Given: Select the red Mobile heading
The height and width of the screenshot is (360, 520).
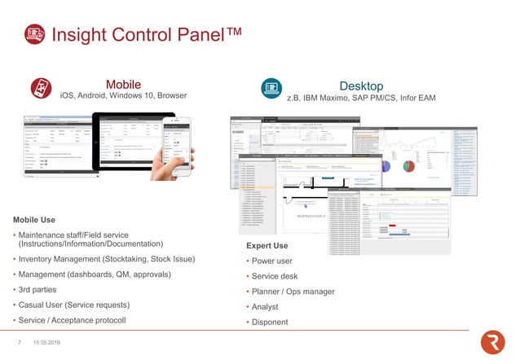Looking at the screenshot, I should coord(123,84).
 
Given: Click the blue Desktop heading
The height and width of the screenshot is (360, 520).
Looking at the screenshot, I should coord(360,86).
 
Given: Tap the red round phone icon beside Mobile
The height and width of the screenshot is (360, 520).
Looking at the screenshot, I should coord(41,89).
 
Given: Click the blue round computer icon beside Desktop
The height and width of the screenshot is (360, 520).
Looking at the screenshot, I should coord(270,89).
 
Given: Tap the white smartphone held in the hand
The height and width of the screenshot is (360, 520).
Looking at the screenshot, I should coord(176,143).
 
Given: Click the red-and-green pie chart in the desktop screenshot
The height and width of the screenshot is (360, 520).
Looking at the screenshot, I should coord(408,165).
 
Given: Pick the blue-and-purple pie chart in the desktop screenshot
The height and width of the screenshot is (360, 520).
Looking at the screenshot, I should coord(385,165).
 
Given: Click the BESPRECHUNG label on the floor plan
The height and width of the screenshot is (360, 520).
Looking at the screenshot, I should coord(303,217).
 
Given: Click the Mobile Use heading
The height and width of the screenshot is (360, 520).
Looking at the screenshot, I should coord(34,220).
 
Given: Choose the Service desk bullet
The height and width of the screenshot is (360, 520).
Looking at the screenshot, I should coord(275,276).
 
